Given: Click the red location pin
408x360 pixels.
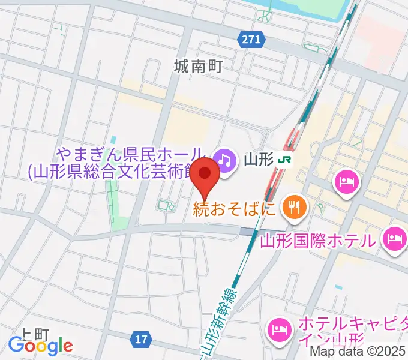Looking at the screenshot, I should tap(206, 175).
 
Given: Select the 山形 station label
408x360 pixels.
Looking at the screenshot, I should tap(259, 160).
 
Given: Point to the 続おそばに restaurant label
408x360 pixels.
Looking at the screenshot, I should tap(234, 209).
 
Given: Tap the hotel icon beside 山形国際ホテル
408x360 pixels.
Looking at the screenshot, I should tap(394, 238).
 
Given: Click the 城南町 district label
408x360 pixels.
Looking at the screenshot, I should tap(199, 66).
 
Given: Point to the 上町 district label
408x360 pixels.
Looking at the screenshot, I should tap(34, 333).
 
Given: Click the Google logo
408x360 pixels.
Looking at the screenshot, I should tap(40, 346).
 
